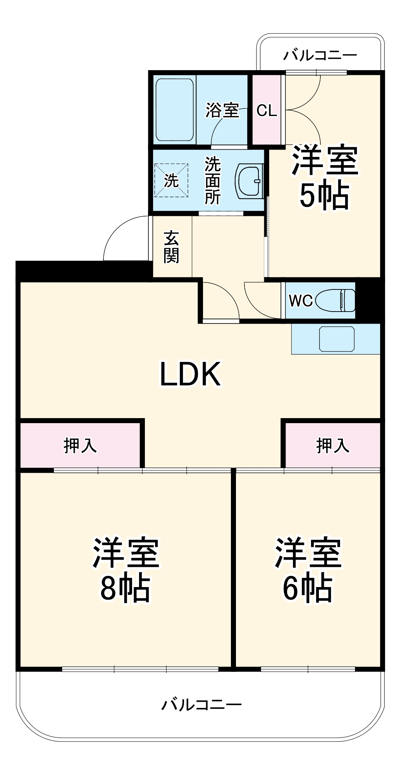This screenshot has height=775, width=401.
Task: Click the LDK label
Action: tap(190, 374)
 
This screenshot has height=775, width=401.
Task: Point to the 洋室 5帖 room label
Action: tap(325, 177)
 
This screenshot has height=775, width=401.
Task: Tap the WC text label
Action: tap(301, 301)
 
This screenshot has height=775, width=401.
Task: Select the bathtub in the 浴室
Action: tap(174, 110)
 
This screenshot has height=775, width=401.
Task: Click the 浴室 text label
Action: tap(222, 110)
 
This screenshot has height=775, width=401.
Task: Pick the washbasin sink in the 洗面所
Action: tap(250, 181)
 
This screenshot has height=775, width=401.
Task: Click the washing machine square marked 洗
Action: tap(171, 181)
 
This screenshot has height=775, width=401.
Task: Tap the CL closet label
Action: tap(267, 111)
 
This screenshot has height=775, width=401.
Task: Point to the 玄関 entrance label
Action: tap(171, 247)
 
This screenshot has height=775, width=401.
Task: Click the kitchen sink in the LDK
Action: tap(337, 339)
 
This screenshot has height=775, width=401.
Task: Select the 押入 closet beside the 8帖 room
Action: tap(80, 445)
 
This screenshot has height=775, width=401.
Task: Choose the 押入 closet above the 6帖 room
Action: tap(332, 445)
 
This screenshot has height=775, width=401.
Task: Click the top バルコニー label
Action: tap(320, 55)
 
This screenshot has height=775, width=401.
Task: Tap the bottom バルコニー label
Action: tap(201, 704)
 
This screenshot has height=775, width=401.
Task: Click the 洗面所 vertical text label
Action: tap(213, 181)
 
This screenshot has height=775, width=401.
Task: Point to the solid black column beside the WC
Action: tap(369, 300)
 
